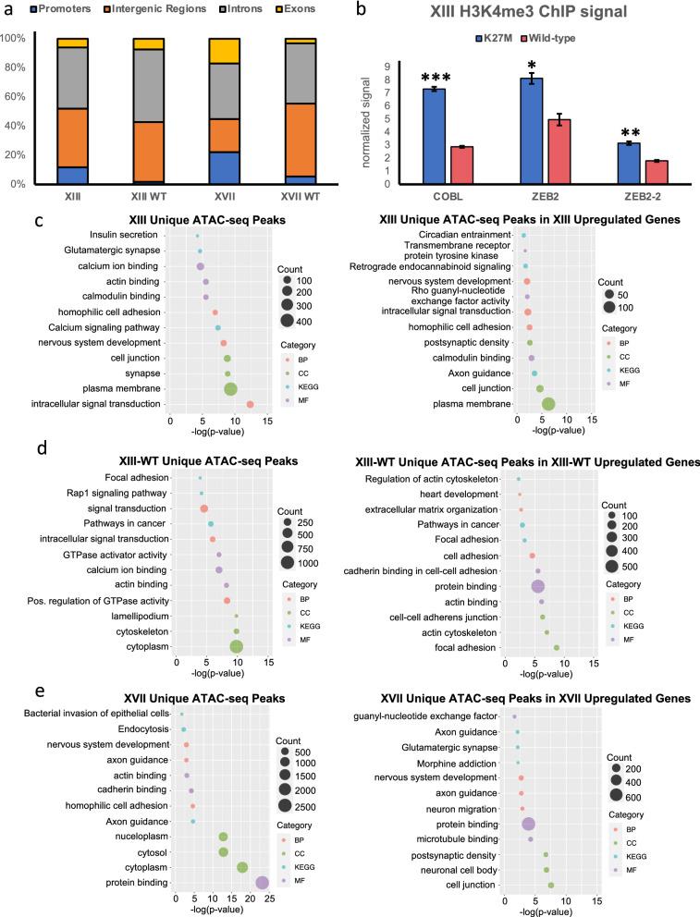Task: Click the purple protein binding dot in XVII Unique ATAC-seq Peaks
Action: coord(262,882)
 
